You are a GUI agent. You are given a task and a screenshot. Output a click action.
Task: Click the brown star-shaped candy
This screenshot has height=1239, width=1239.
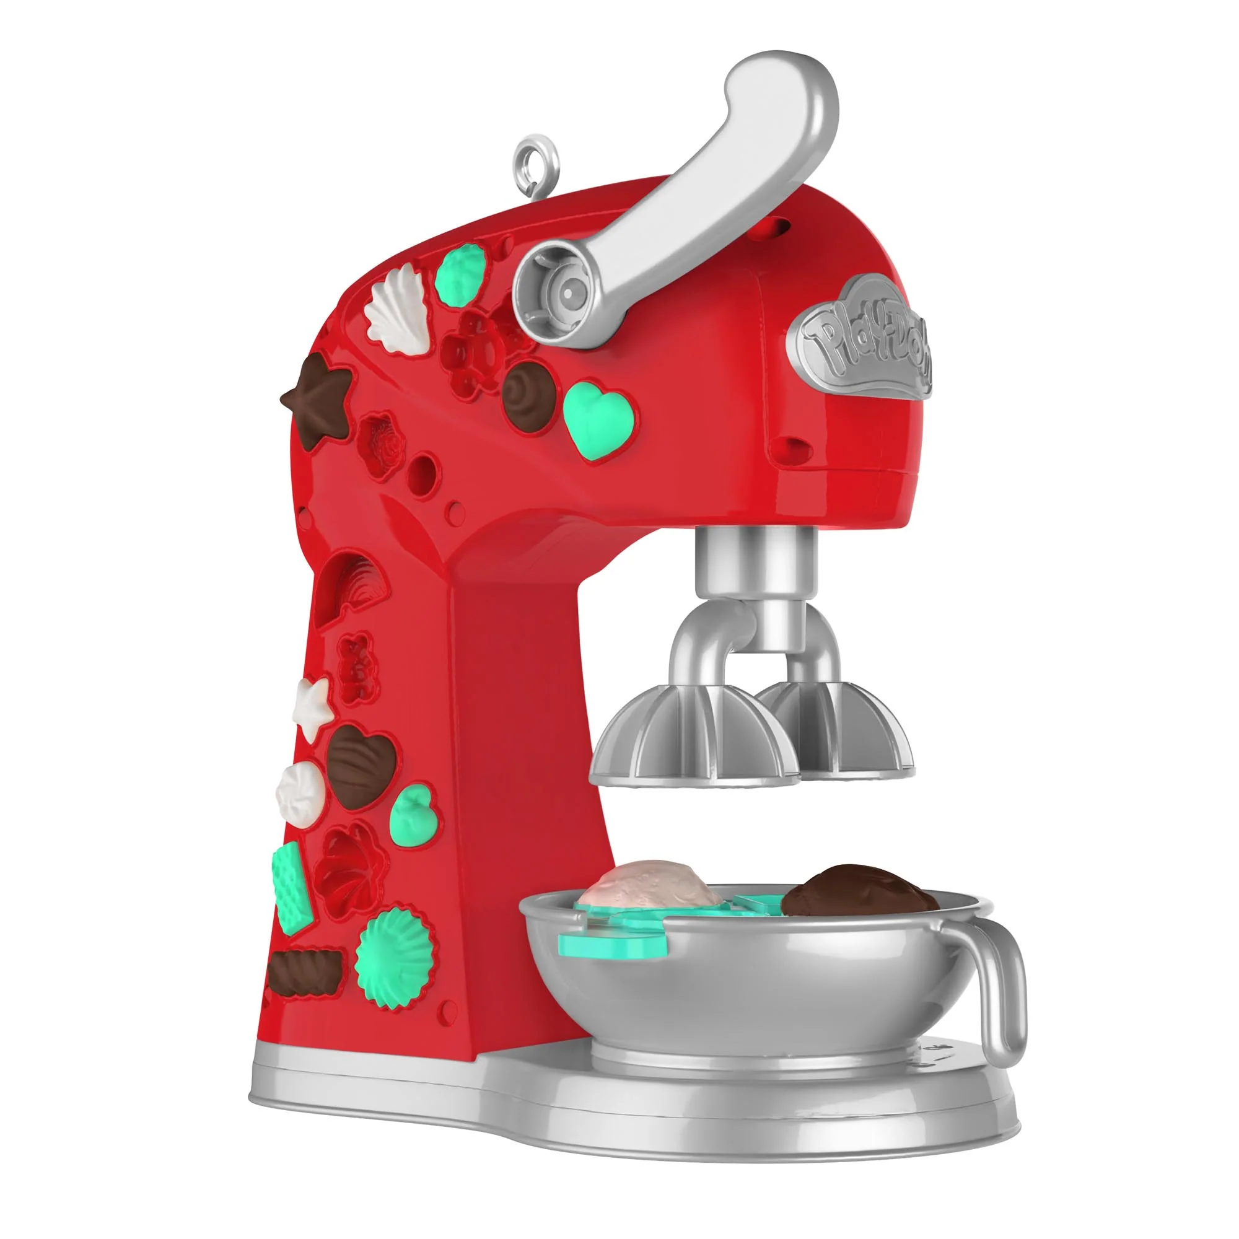coord(317,398)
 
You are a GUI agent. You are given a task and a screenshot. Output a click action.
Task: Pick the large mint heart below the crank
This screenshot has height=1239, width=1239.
coord(598,419)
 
